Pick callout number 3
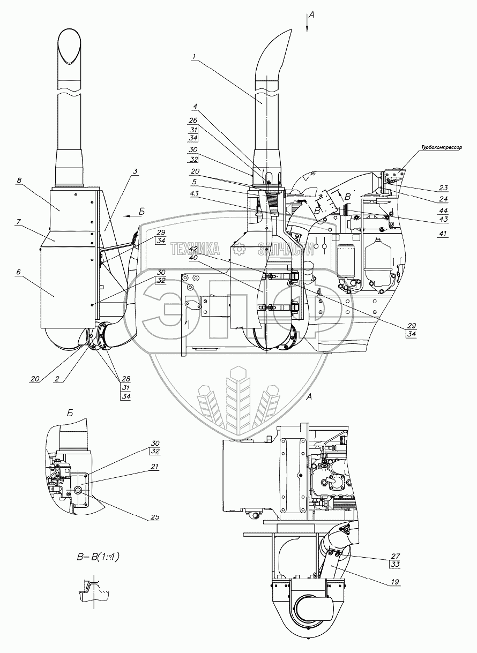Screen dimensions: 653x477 (136, 171)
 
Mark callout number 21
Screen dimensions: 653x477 (155, 467)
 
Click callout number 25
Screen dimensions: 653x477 (155, 517)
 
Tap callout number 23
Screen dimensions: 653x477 (443, 188)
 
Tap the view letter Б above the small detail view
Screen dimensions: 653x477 (70, 413)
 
